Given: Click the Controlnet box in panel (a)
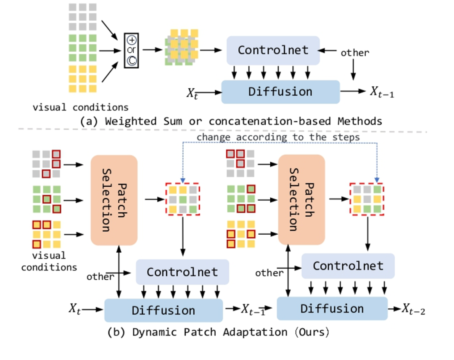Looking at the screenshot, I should tap(273, 50).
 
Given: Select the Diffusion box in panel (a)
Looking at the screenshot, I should tap(280, 92).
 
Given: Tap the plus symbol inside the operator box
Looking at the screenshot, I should tap(131, 40).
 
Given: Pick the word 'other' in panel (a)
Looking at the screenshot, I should tap(355, 53).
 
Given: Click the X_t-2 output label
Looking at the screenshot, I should tap(412, 310).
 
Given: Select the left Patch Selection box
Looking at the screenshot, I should tap(114, 200).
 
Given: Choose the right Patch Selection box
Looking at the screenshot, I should tap(301, 200).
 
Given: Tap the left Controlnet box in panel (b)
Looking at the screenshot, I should tap(182, 272).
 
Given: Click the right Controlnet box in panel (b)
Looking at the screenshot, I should tap(348, 266).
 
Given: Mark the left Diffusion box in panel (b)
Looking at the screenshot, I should tap(163, 310).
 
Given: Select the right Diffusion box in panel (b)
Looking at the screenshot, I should tap(332, 308).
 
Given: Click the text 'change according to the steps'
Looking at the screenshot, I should tap(278, 137).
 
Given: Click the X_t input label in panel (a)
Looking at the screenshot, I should tap(192, 93).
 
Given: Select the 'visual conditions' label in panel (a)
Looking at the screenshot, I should tap(81, 107).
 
